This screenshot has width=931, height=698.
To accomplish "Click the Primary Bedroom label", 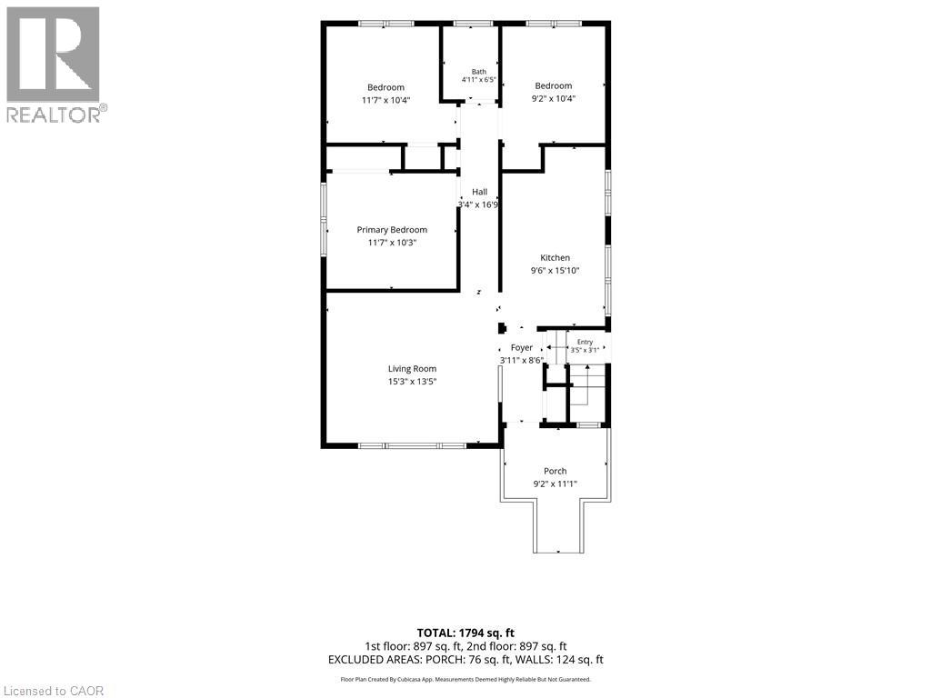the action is point(392,230).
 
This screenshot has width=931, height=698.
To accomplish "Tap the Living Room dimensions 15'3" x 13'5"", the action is point(412,382).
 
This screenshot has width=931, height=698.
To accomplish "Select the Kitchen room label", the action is point(556,257).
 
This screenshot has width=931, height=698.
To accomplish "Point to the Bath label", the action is point(479,72).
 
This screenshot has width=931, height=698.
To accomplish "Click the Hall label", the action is point(480,192).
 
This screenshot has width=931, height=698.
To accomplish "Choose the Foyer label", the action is point(522,348).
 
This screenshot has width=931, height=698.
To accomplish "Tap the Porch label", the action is point(556,472).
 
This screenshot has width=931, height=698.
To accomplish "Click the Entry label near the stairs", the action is point(585,342).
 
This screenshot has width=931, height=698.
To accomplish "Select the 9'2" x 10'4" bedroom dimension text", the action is point(554,99).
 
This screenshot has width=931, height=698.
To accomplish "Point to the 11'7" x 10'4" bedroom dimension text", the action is point(385,100).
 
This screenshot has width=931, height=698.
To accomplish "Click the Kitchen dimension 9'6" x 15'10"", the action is point(556,271).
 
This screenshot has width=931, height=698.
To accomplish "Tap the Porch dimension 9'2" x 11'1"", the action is point(556,484).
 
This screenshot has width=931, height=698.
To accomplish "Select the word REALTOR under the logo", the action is point(54,115).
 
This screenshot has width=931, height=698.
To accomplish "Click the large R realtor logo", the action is point(53,54).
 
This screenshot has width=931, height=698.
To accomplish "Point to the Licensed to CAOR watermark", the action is point(54,691).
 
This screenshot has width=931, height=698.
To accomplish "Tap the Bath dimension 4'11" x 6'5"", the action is point(479,80).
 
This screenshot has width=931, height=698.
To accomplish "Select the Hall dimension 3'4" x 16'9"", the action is point(478,204).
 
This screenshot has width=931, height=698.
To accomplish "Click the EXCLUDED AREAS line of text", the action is point(465,660).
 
